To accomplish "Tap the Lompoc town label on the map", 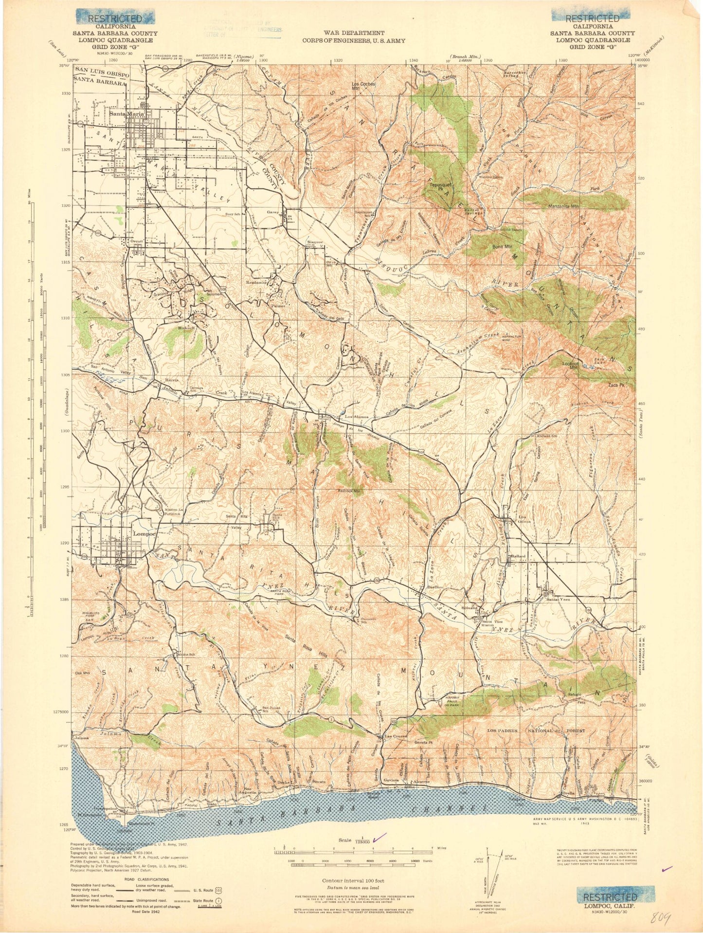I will (x=144, y=534).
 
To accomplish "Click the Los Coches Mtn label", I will (x=363, y=86).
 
